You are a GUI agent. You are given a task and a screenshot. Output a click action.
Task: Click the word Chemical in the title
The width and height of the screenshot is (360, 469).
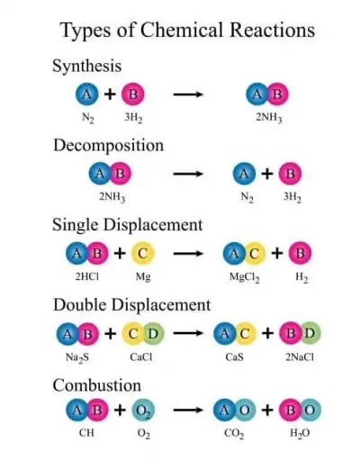(x=182, y=30)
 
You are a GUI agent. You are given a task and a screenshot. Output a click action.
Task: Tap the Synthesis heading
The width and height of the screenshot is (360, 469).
(x=87, y=67)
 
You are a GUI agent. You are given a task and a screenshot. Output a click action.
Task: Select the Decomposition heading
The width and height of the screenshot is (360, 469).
(x=108, y=146)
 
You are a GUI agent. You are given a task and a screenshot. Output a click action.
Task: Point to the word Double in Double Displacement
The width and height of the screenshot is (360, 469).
(x=80, y=305)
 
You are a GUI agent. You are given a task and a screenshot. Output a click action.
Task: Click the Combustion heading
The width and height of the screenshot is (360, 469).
(x=97, y=385)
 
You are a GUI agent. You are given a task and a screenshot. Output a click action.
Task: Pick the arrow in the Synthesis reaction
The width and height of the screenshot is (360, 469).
(x=188, y=95)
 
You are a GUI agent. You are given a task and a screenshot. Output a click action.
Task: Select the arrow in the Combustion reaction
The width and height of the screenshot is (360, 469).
(x=188, y=410)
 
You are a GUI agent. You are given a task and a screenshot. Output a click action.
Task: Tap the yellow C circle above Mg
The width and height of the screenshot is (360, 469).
(x=143, y=254)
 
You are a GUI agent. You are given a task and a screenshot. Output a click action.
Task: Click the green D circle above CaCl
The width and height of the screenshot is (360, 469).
(x=154, y=333)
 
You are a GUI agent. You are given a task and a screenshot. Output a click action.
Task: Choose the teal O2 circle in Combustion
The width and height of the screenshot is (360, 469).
(x=143, y=410)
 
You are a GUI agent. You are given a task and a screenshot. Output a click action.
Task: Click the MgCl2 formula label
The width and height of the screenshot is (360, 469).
(x=245, y=277)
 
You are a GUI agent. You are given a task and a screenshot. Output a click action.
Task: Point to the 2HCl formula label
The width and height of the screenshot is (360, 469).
(x=87, y=276)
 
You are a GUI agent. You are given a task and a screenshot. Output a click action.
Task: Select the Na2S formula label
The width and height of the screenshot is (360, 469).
(x=77, y=357)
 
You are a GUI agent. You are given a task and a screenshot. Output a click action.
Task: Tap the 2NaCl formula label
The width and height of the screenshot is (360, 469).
(x=300, y=357)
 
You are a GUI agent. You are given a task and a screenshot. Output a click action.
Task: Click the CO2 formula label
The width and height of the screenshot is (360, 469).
(x=234, y=434)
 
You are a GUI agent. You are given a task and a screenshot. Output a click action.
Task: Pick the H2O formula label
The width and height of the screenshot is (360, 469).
(x=300, y=433)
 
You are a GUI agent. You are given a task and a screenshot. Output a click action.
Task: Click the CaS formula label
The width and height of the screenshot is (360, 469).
(x=234, y=357)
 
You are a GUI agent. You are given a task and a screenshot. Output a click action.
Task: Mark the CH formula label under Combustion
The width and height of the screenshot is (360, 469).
(x=86, y=433)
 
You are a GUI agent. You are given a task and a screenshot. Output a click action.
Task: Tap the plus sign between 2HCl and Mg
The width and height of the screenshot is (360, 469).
(x=120, y=254)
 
